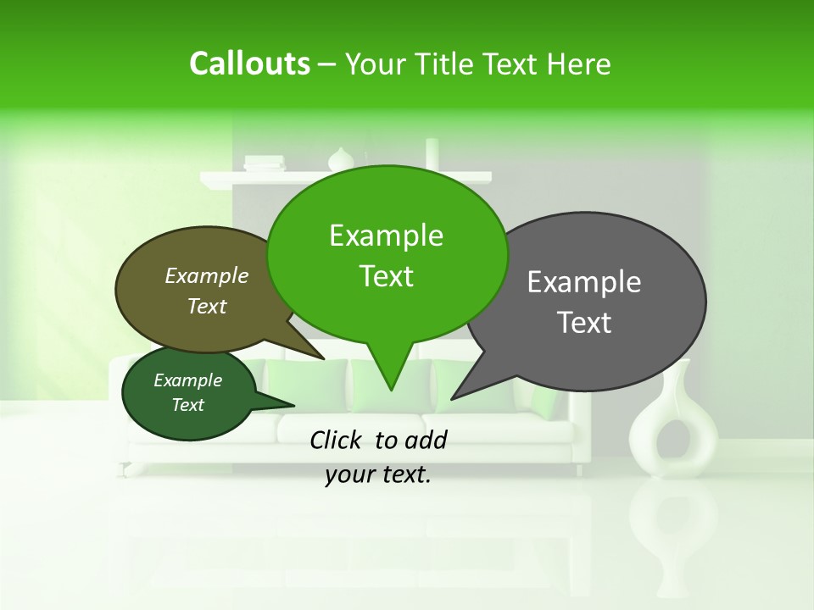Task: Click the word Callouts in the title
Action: pos(249,64)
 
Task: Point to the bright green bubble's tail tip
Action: pos(391,389)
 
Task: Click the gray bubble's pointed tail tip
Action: pos(452,398)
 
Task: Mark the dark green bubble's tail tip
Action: pos(293,405)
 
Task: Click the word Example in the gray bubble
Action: pos(584,282)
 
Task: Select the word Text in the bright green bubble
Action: pos(386,276)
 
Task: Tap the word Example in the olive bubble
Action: pos(207,275)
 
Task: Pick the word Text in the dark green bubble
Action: pos(188,405)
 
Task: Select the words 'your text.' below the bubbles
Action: pos(378,475)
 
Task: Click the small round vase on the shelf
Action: pos(341,159)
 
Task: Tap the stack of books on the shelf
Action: pos(265,163)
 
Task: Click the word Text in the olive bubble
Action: pos(207,306)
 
